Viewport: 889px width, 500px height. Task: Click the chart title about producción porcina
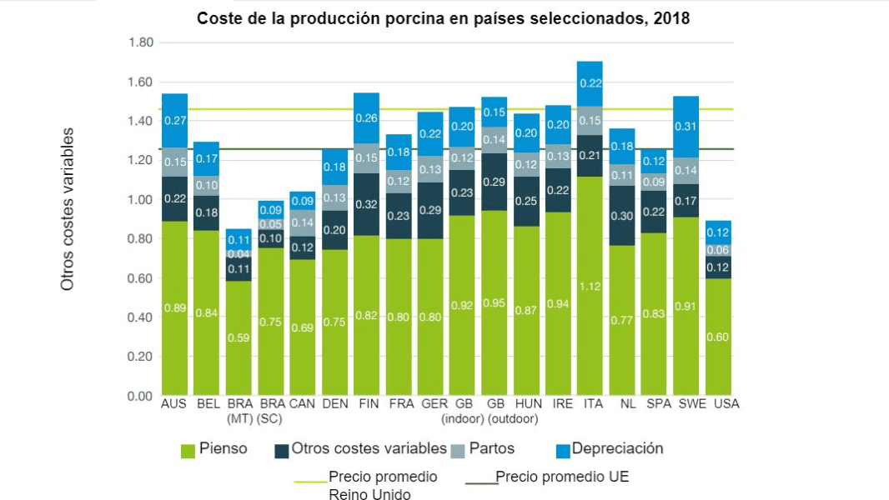point(443,18)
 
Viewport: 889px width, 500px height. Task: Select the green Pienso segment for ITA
point(590,286)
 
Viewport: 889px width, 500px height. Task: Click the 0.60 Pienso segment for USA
point(719,337)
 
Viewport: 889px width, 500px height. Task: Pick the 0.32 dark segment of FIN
point(367,204)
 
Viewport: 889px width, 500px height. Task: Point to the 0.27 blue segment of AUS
point(174,120)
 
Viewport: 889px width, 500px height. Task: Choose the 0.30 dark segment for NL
point(621,216)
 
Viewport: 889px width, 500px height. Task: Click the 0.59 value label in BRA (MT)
point(239,338)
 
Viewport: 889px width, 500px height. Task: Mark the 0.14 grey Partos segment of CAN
point(303,222)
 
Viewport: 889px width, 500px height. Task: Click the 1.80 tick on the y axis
point(140,42)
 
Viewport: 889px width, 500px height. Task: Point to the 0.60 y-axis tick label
point(140,278)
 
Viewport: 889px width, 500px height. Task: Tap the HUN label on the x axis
point(525,404)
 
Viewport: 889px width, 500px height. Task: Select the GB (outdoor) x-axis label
point(494,411)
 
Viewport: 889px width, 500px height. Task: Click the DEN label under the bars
point(335,404)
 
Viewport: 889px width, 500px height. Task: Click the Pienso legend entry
point(223,449)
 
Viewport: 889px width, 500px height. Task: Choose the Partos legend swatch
point(456,450)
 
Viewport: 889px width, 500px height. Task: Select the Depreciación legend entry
point(617,449)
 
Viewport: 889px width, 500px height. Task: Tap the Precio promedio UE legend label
point(562,477)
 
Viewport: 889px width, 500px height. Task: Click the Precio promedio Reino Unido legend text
point(382,486)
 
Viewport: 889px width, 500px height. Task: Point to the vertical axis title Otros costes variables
point(68,208)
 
